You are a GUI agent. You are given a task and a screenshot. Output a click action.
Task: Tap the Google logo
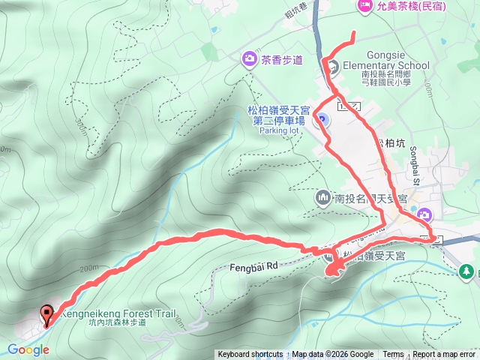(28, 349)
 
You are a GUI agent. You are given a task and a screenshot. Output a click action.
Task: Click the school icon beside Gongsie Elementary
(330, 66)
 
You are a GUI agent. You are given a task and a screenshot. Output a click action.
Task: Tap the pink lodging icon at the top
(365, 6)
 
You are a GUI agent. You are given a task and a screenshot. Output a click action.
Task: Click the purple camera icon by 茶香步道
(248, 58)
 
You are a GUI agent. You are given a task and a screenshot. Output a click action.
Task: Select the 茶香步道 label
(283, 59)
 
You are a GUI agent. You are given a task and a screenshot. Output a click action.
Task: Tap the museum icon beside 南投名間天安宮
(323, 198)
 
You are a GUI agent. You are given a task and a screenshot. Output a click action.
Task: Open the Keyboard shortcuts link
(250, 355)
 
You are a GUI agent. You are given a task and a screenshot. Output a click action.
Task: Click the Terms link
(393, 355)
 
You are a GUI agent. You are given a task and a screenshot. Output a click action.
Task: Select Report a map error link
(445, 355)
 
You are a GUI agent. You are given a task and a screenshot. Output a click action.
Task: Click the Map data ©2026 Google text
(333, 355)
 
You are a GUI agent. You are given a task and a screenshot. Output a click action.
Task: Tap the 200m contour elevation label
(87, 268)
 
